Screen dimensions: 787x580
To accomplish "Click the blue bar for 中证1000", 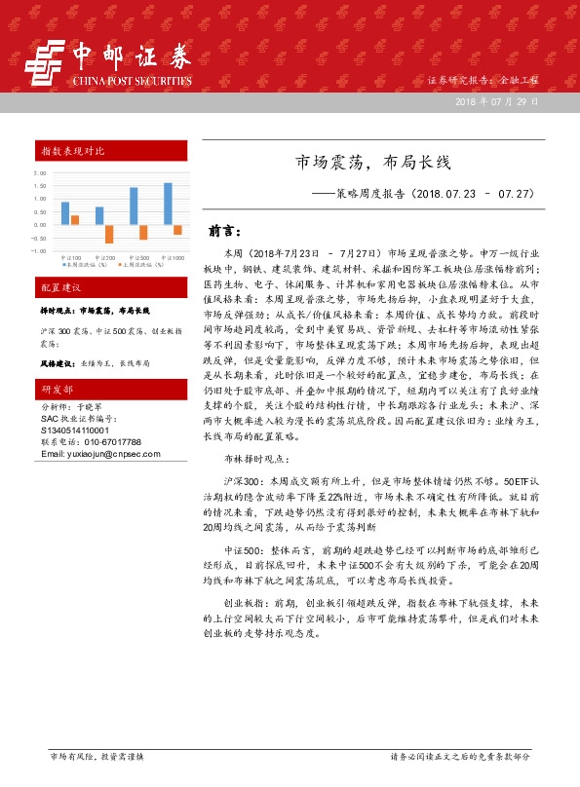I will click(x=168, y=204).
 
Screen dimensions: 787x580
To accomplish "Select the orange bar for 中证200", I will click(x=109, y=234).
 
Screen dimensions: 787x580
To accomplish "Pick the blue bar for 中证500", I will click(x=134, y=206).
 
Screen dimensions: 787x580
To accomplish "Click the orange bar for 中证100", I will click(x=75, y=220).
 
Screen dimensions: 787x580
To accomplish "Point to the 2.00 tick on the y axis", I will click(x=40, y=173).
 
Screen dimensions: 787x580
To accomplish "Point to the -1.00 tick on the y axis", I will click(x=39, y=250).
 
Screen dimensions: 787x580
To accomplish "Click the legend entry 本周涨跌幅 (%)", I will click(x=78, y=263).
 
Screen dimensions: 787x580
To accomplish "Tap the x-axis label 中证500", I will click(x=138, y=256).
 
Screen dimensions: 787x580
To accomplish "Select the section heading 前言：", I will click(x=225, y=232).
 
